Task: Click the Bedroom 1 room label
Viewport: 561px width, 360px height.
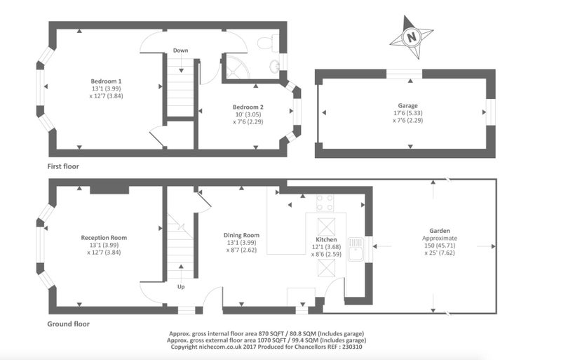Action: pyautogui.click(x=106, y=81)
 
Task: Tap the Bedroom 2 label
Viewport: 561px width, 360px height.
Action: pyautogui.click(x=248, y=107)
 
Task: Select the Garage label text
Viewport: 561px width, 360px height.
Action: pyautogui.click(x=408, y=106)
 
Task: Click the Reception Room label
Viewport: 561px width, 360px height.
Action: pyautogui.click(x=104, y=237)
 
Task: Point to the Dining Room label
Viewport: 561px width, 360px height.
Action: pyautogui.click(x=241, y=235)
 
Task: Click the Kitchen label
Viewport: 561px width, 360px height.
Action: pyautogui.click(x=326, y=239)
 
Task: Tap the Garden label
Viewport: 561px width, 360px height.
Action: pyautogui.click(x=440, y=231)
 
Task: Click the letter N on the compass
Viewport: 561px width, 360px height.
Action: pyautogui.click(x=412, y=36)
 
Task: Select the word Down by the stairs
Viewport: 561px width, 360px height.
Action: pyautogui.click(x=181, y=51)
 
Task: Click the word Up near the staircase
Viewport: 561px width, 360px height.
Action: pyautogui.click(x=181, y=287)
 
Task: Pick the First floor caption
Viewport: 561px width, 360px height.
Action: pyautogui.click(x=63, y=166)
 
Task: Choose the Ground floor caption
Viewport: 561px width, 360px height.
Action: pyautogui.click(x=68, y=324)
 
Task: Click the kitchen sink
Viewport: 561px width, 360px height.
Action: pyautogui.click(x=356, y=249)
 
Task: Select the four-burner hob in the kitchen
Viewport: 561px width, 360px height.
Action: pyautogui.click(x=325, y=203)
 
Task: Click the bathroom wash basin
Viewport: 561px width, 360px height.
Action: pyautogui.click(x=274, y=65)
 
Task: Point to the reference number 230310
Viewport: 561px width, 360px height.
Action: pyautogui.click(x=352, y=347)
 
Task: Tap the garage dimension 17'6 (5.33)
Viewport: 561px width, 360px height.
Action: pyautogui.click(x=408, y=113)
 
